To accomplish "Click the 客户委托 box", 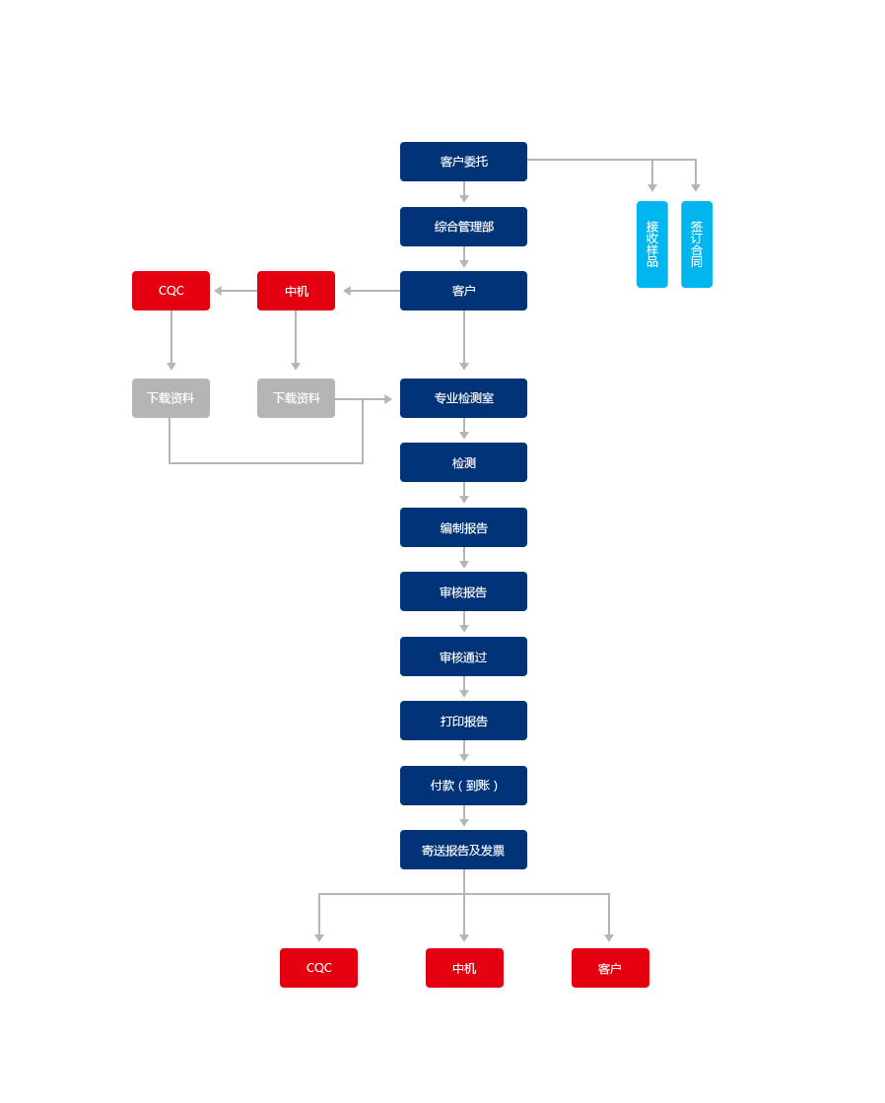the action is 463,162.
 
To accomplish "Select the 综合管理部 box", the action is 463,227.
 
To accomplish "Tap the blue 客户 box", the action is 463,291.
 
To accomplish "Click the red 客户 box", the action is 610,968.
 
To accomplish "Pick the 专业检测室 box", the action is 463,398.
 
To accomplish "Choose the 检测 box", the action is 463,462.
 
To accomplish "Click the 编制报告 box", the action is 463,527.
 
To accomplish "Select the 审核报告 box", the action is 463,591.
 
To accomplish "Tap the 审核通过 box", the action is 463,656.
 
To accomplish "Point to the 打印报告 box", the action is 463,721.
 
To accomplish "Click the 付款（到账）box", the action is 463,786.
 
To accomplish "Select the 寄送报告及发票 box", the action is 463,850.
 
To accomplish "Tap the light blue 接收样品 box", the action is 652,244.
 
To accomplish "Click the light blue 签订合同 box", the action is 697,244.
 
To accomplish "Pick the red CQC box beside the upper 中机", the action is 170,291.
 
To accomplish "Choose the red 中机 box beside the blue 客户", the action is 297,291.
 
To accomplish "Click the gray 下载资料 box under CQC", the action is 170,398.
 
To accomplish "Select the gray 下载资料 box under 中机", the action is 297,398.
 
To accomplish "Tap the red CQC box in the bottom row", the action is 318,968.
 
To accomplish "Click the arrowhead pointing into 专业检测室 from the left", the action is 387,399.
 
